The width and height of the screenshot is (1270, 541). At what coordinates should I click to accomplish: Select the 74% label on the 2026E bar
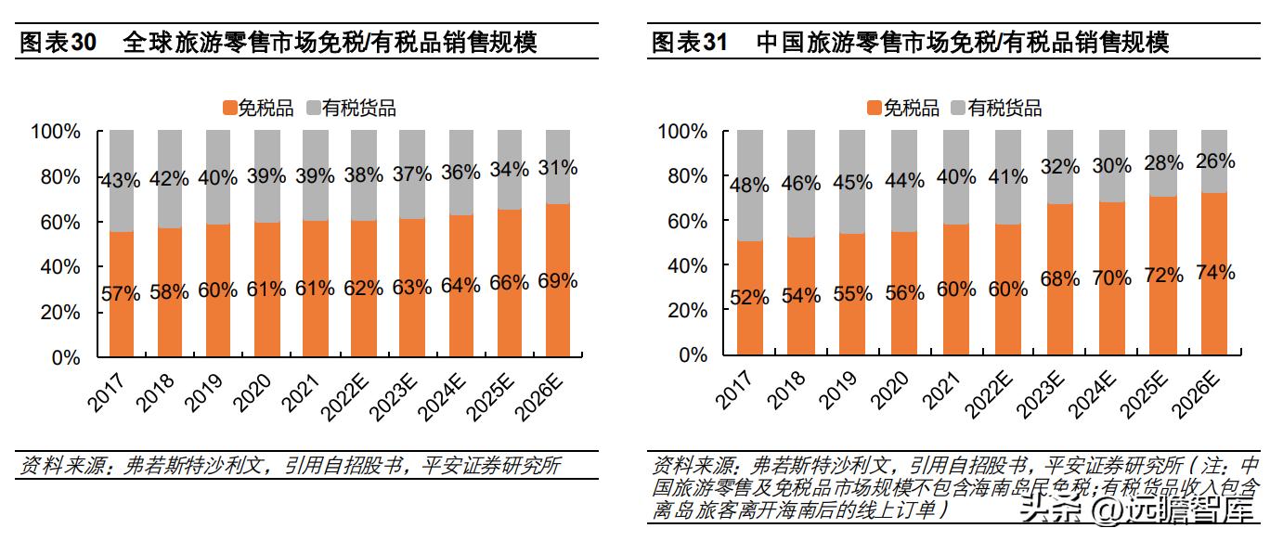tap(1215, 273)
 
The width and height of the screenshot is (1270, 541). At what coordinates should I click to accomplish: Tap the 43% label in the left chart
tap(121, 180)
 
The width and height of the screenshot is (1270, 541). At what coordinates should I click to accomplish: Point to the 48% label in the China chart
tap(749, 185)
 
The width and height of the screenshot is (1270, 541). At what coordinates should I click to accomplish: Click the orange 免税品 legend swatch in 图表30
tap(228, 109)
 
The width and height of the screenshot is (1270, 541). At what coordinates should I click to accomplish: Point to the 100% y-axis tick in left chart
tap(57, 132)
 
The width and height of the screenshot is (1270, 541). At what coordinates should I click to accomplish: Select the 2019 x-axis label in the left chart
tap(206, 388)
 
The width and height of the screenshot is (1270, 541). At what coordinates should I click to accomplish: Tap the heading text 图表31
tap(689, 43)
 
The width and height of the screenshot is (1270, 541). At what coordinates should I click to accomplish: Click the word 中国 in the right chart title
tap(779, 43)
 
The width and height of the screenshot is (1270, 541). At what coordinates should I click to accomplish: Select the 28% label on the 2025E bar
tap(1163, 163)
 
